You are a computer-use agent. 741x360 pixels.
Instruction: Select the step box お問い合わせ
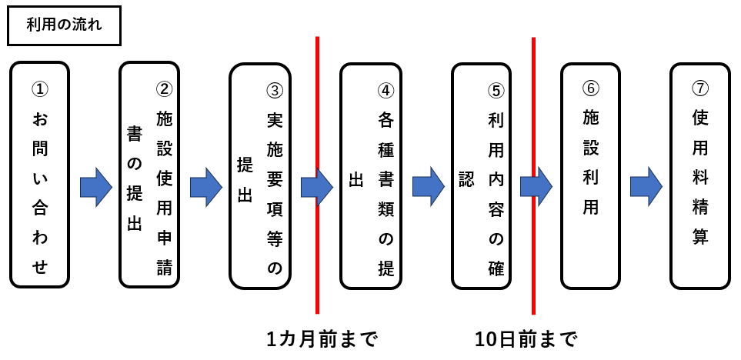coord(40,175)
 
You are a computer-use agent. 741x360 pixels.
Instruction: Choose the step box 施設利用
coord(591,175)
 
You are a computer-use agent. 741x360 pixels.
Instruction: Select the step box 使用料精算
coord(700,175)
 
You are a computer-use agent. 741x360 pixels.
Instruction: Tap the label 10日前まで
coord(526,338)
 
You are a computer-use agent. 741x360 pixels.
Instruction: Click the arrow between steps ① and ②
coord(96,187)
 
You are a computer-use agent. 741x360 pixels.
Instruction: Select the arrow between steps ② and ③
coord(205,187)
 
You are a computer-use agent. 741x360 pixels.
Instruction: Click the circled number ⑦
coord(700,88)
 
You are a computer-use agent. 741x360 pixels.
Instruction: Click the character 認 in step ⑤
coord(466,178)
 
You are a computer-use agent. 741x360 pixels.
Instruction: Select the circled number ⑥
coord(591,88)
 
